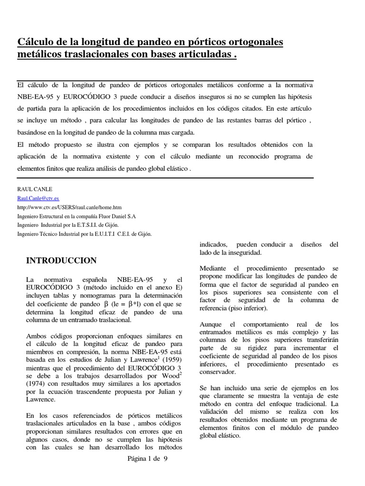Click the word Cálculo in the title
pos(35,42)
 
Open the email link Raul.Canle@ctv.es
pos(38,198)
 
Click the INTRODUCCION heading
pos(61,261)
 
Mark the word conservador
pos(217,372)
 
